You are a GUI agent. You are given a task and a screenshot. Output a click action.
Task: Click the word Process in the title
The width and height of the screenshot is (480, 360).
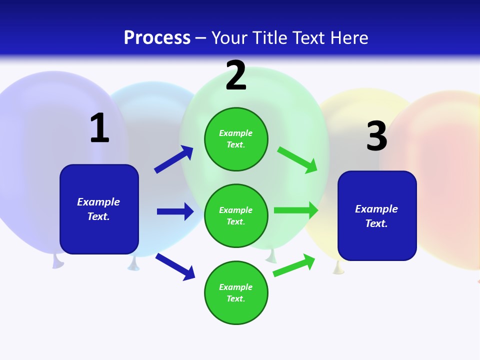coord(157,38)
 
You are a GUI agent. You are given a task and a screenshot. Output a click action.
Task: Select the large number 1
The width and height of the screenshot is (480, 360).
coord(99,128)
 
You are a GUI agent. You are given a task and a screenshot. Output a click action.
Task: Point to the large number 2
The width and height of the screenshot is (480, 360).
coord(236,75)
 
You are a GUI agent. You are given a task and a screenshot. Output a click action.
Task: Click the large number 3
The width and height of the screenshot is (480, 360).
coord(376,136)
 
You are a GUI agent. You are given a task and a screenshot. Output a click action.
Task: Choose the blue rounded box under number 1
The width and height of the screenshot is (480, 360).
coord(99,209)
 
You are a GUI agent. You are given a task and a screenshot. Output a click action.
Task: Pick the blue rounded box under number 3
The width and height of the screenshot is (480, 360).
coord(377,216)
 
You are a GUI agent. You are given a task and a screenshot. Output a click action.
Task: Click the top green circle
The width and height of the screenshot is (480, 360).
coord(236,139)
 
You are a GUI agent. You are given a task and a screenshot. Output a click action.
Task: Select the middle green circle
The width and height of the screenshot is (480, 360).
coord(236,215)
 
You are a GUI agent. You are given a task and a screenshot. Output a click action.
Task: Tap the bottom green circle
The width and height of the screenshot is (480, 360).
coord(236,292)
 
